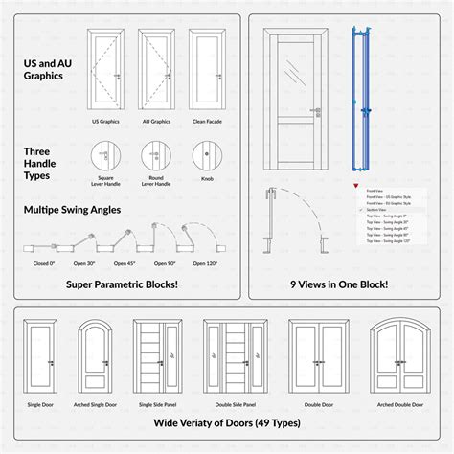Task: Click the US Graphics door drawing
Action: [x=106, y=72]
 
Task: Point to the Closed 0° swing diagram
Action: [x=43, y=248]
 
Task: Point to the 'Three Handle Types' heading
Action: [x=45, y=157]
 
